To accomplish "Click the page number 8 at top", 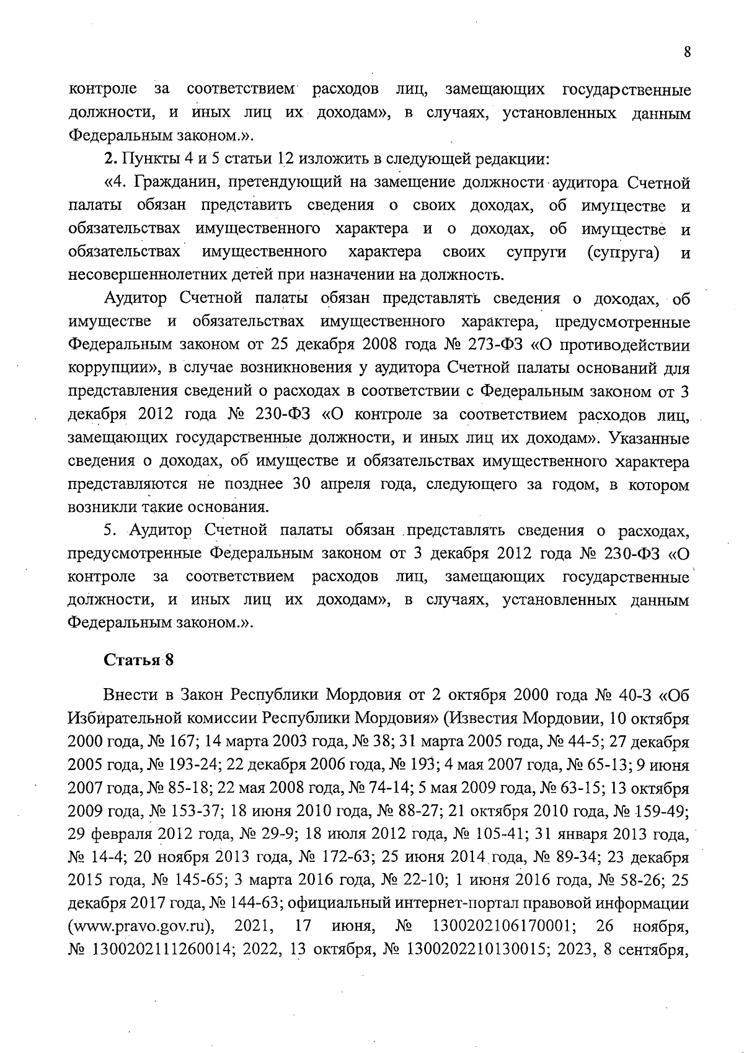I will click(687, 52).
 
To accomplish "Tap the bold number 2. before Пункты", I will click(110, 159).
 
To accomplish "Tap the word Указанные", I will click(649, 438).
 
